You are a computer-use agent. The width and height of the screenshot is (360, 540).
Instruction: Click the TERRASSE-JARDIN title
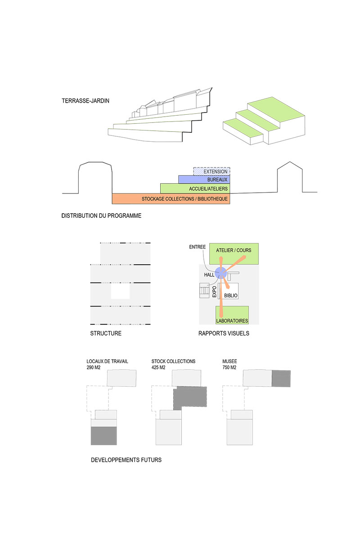coord(85,101)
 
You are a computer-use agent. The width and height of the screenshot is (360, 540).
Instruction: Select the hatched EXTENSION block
coord(211,171)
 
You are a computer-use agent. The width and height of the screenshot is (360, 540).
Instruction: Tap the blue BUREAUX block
coord(204,180)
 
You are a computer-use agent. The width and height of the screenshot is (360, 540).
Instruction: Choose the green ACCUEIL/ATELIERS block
coord(195,189)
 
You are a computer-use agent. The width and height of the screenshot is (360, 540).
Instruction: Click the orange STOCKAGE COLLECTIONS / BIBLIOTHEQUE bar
coord(171,198)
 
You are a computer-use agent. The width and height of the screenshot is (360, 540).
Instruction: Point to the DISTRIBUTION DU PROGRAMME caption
coord(101,216)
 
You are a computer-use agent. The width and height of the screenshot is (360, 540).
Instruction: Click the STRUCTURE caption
coord(106,333)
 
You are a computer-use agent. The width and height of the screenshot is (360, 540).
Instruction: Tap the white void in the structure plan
coord(120,291)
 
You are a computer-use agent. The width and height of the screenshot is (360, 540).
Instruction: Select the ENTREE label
coord(197,247)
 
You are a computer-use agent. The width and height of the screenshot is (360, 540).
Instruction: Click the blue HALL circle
coord(220,273)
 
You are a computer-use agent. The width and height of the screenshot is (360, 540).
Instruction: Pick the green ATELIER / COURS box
coord(234,254)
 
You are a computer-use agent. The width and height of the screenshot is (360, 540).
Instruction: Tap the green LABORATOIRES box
coord(232,315)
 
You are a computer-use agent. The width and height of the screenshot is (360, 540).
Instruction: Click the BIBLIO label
coord(231,296)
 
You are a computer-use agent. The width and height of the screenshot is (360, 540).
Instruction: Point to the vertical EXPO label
coord(214,292)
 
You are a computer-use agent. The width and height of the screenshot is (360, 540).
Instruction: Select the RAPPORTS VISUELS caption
coord(224,333)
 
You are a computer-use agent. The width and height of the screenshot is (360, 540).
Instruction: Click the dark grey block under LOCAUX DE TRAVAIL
coord(103,436)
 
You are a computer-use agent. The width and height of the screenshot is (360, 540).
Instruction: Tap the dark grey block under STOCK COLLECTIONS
coord(190,396)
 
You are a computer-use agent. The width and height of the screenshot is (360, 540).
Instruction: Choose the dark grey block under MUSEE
coord(281,379)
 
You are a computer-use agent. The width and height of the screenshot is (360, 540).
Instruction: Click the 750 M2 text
coord(229,367)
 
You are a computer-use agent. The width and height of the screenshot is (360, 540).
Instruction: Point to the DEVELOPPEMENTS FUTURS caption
coord(126,460)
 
